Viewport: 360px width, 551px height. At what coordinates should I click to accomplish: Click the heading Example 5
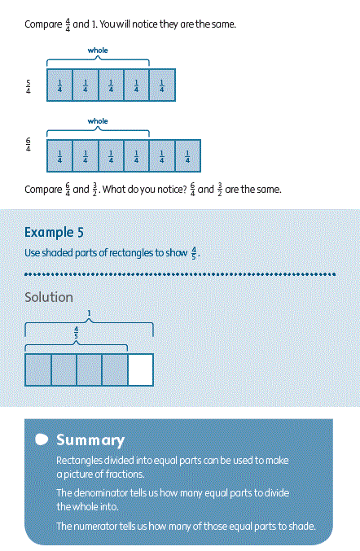[54, 232]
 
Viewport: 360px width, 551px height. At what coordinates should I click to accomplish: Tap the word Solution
[49, 297]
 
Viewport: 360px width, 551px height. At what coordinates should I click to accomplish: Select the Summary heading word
[90, 440]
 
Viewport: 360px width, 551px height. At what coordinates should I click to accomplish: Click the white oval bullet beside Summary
[42, 439]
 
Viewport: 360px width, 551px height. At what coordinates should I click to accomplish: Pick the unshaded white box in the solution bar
[140, 370]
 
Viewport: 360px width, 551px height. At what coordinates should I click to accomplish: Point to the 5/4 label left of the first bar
[29, 86]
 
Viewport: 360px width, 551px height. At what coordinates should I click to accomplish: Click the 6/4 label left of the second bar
[29, 144]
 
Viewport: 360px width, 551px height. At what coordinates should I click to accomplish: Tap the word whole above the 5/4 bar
[98, 50]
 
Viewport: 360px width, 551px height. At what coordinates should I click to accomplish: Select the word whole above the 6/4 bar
[98, 121]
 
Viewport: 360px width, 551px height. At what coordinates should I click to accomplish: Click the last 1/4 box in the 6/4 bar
[187, 155]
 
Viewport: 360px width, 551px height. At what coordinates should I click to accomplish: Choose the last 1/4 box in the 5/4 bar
[162, 85]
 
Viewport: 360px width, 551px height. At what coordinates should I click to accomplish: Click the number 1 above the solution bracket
[89, 313]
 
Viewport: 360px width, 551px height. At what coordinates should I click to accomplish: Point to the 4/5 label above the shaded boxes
[77, 332]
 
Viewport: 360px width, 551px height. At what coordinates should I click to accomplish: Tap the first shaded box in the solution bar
[38, 370]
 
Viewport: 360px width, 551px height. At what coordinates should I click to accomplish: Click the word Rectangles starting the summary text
[80, 461]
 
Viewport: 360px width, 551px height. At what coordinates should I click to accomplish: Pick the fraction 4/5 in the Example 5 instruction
[194, 252]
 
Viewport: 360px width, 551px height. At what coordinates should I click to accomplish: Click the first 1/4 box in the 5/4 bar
[59, 85]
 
